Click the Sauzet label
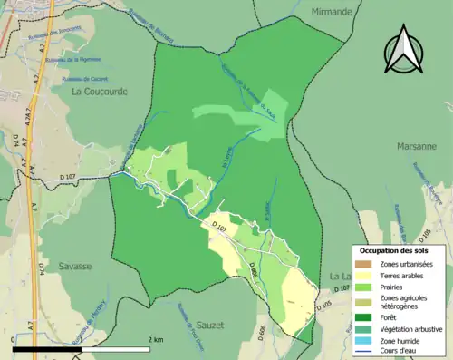[x=210, y=323]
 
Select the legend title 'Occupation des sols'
[x=396, y=250]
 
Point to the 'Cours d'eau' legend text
[x=402, y=352]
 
